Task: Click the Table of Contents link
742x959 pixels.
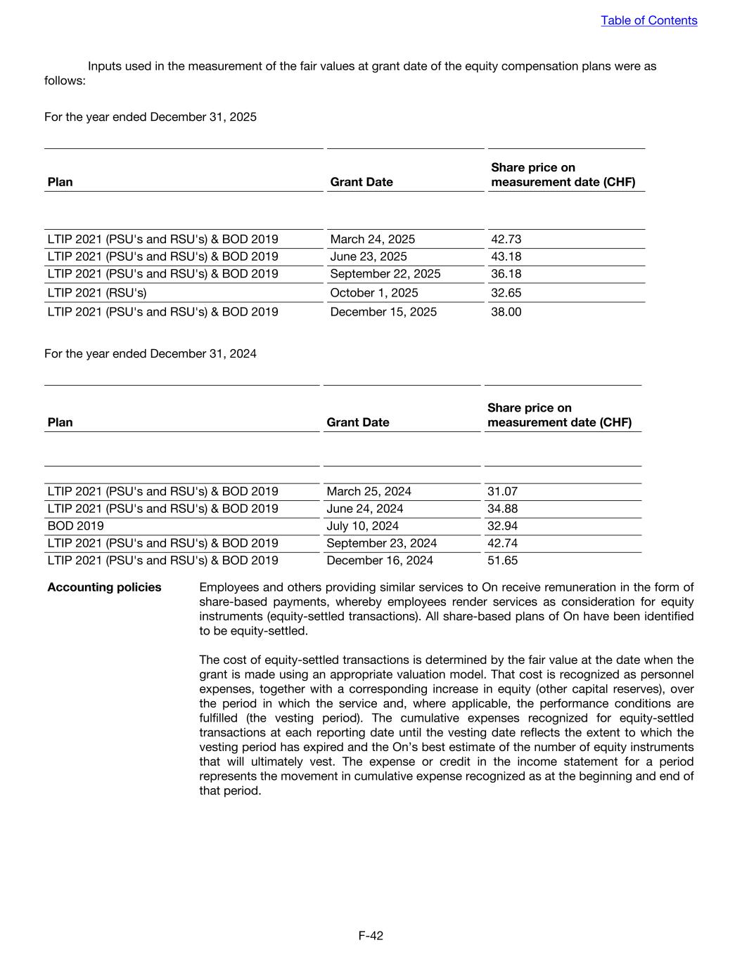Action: pos(648,20)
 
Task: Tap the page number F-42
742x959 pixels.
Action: pos(371,935)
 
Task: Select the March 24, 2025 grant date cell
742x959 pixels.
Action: pos(372,240)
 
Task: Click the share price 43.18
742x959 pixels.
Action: pos(506,256)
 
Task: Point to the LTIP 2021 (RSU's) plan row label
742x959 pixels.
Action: pos(97,293)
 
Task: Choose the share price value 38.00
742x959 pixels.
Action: pos(506,312)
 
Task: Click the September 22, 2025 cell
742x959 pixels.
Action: pos(385,274)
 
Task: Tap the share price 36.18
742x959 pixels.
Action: pos(506,274)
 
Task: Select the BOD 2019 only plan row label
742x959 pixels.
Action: pos(75,526)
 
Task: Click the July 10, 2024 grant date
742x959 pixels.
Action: pos(362,526)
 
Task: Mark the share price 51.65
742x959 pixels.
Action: pos(502,561)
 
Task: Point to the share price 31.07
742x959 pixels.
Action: pos(502,492)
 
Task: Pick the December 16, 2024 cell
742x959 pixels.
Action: pos(380,561)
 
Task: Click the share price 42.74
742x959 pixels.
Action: pos(502,543)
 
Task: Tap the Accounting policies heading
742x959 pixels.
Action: pos(104,587)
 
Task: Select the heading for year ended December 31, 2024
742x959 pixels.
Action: pos(151,353)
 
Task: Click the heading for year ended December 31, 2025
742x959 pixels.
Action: pos(151,117)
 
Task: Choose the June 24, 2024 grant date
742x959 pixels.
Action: pos(364,509)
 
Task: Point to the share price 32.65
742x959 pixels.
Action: pos(506,293)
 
